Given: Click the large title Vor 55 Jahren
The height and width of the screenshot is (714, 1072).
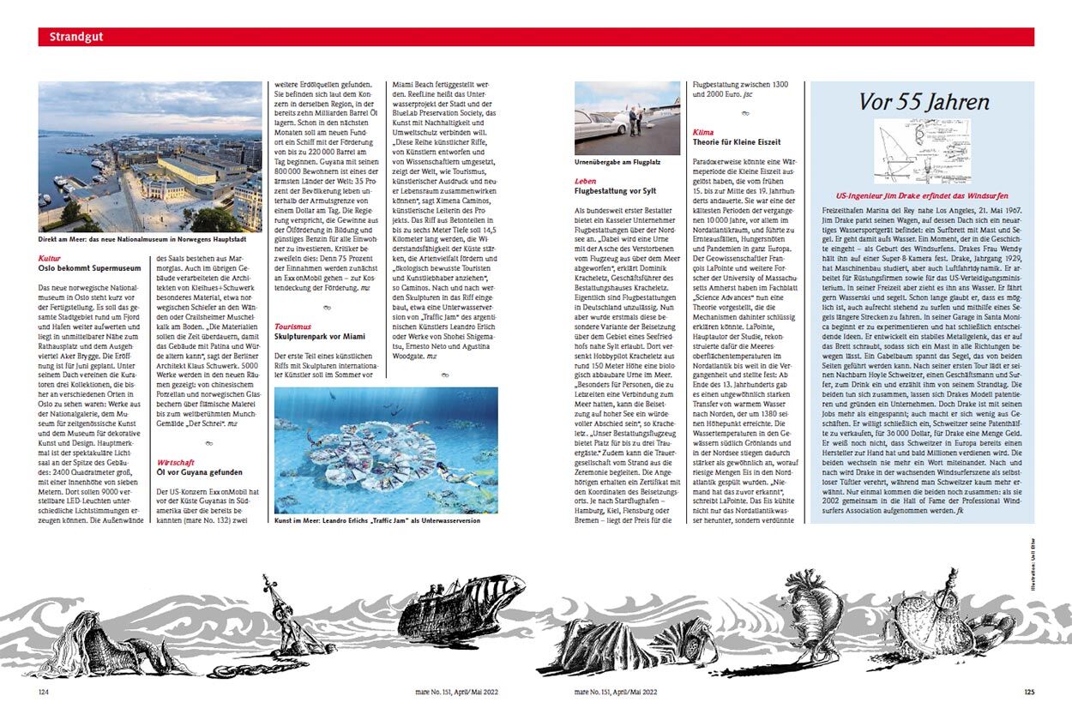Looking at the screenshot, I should click(924, 102).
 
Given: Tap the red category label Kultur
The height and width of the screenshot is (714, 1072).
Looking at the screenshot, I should click(49, 257).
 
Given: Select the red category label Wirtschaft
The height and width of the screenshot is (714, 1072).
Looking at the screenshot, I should click(176, 461).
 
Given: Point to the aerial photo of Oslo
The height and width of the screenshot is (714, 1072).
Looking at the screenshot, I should click(150, 156).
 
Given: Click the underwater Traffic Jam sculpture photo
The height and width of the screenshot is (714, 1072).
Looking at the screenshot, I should click(386, 449).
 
